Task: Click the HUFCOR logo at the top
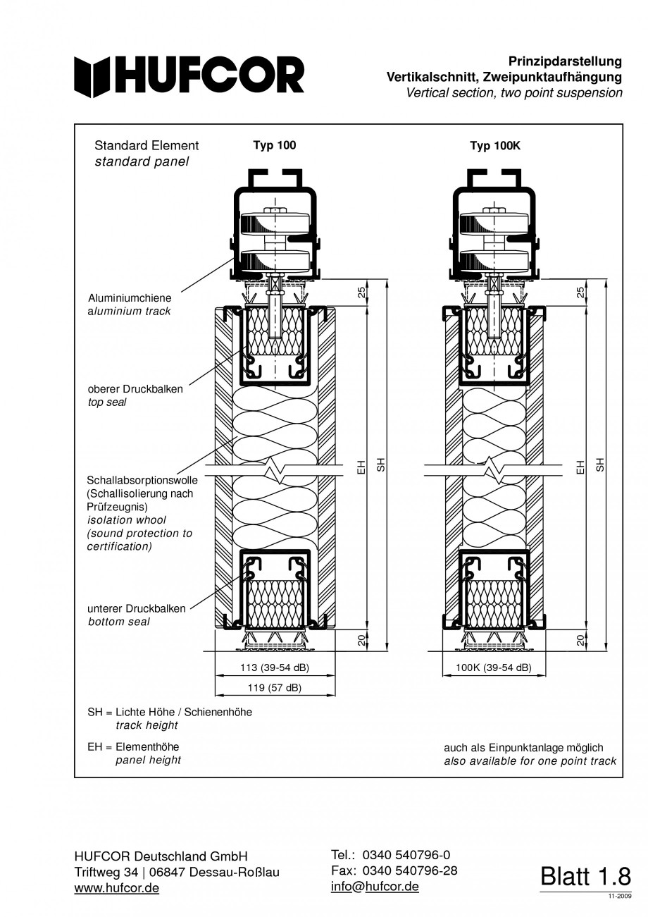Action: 190,75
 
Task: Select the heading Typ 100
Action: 275,145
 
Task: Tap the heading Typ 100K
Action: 494,146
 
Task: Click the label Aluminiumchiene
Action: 130,299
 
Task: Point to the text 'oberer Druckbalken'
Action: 135,389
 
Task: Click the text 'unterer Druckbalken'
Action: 137,608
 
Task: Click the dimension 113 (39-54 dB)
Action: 275,667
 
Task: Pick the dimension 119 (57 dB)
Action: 275,687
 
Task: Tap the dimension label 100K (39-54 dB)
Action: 494,667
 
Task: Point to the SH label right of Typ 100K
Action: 601,464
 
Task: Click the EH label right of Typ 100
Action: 361,466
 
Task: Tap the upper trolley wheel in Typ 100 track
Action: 275,226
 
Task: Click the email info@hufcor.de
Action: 375,886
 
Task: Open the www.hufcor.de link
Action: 117,888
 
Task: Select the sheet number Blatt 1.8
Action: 585,876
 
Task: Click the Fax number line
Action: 394,870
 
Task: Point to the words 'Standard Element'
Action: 147,146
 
